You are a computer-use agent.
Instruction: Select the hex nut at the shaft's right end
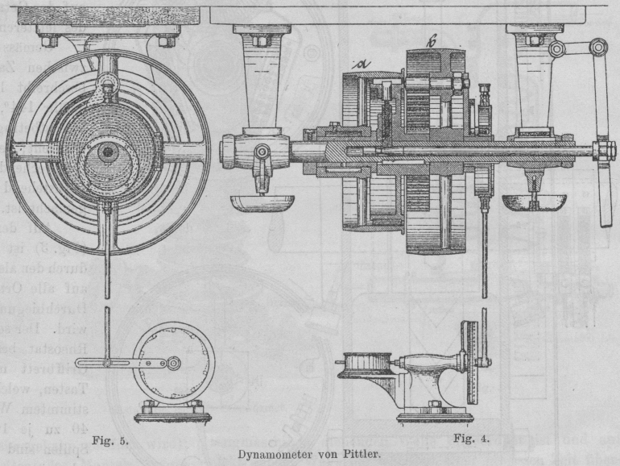pyautogui.click(x=600, y=151)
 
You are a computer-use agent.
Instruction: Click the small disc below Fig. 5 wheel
pyautogui.click(x=174, y=363)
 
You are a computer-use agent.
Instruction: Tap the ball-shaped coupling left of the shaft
pyautogui.click(x=242, y=151)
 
